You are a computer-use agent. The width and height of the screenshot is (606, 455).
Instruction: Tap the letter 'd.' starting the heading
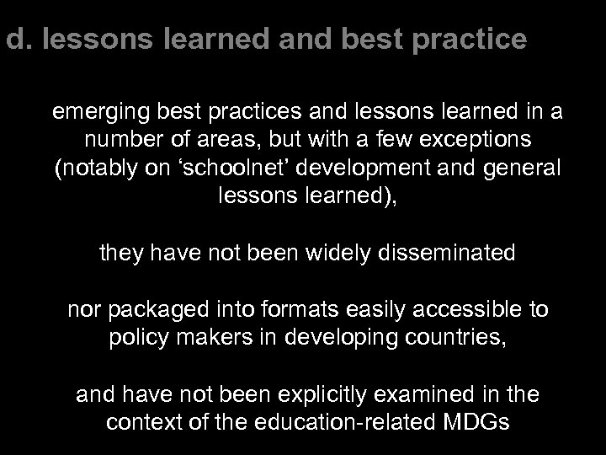pos(13,39)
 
